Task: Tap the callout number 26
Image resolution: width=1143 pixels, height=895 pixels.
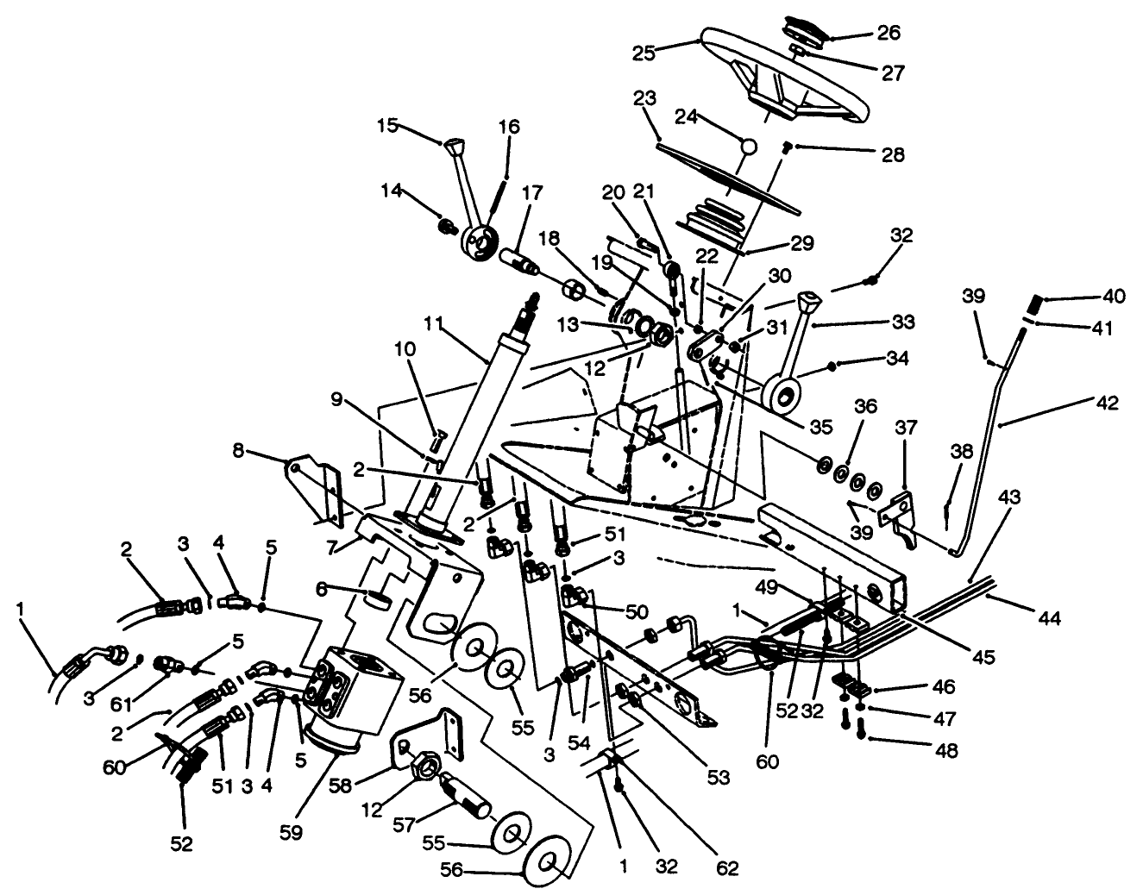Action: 889,33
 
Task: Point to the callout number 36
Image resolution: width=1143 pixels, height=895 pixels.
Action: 866,405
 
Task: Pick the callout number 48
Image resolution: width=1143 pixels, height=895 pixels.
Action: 945,751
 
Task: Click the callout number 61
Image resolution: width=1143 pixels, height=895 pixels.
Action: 122,705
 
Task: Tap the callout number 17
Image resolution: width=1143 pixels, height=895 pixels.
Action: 531,193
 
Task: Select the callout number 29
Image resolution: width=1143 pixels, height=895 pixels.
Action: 802,244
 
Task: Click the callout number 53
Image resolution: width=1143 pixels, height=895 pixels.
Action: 718,777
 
